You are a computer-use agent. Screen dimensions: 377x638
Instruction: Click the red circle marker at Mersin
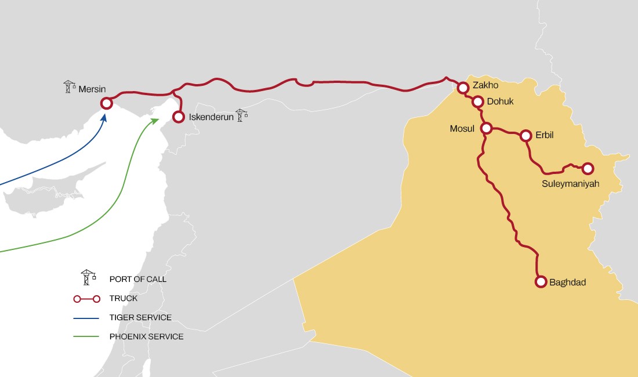pos(106,103)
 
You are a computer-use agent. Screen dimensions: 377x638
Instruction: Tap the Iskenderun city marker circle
pos(179,117)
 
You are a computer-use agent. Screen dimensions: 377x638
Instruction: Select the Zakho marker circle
pos(463,88)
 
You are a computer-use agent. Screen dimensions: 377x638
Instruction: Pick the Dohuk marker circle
pos(478,102)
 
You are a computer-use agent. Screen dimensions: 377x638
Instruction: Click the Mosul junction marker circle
pos(487,128)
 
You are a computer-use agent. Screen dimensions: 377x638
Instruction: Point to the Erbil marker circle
pos(526,136)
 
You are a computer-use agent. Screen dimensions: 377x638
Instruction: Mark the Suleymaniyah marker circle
pos(588,169)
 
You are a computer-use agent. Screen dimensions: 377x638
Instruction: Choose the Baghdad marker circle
pos(541,282)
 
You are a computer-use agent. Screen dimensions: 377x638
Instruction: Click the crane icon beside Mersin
pos(70,87)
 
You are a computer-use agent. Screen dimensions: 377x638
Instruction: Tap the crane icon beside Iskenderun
pos(241,115)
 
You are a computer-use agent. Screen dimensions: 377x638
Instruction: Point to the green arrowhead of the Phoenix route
pos(156,120)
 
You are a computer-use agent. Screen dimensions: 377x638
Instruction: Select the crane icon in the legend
pos(88,277)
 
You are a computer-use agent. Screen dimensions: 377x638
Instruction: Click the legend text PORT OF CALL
pos(137,279)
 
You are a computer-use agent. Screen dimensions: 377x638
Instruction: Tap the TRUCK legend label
pos(124,299)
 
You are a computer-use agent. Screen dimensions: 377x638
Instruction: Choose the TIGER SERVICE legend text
pos(140,318)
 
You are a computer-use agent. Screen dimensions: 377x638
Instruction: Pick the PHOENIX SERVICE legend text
pos(146,336)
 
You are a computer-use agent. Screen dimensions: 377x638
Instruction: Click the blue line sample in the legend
pos(87,318)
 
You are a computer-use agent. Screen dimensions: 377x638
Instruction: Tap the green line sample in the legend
pos(87,336)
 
